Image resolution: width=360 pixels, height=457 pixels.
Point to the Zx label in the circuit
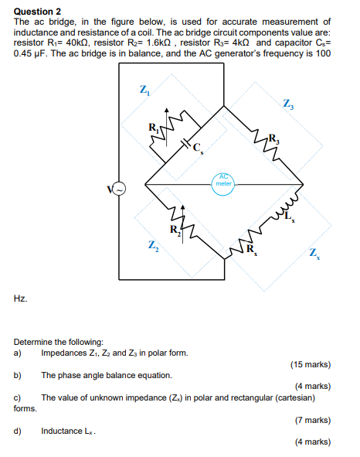coord(313,252)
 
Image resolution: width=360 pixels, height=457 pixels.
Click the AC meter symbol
coord(223,180)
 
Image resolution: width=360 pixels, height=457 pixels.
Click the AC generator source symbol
coord(120,189)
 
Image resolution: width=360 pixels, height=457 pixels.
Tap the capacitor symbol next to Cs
coord(185,144)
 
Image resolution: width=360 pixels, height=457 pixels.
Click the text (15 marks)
coord(310,363)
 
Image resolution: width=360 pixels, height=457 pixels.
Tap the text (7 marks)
coord(312,420)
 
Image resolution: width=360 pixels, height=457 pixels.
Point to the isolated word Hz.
coord(20,298)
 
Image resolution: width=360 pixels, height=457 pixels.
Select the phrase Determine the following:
coord(59,341)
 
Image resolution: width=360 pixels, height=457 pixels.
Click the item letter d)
coord(17,431)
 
